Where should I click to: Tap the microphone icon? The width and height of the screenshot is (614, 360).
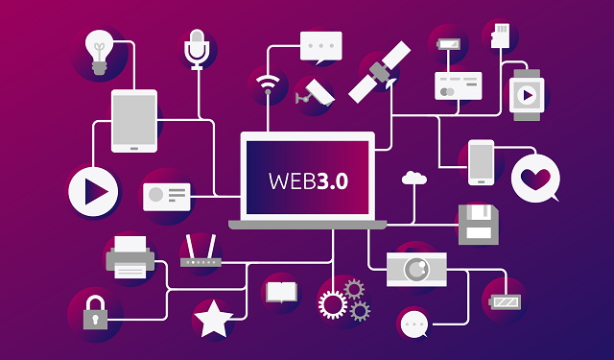tap(197, 49)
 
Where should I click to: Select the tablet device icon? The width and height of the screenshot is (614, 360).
tap(133, 121)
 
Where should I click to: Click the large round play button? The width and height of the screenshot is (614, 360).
tap(93, 191)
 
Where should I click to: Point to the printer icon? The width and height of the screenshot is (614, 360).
tap(130, 257)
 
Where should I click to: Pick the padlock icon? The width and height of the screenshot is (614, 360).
tap(94, 313)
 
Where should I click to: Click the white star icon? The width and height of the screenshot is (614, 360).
tap(213, 319)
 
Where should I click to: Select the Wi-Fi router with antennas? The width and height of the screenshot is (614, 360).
tap(200, 254)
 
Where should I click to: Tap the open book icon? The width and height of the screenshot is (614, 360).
tap(281, 291)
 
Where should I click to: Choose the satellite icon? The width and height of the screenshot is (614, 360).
tap(379, 71)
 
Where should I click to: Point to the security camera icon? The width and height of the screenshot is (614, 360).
tap(316, 91)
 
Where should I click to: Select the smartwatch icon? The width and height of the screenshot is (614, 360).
tap(527, 94)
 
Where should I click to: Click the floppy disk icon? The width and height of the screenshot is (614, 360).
tap(477, 224)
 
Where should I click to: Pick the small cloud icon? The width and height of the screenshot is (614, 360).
tap(414, 177)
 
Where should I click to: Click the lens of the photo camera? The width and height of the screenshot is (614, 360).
tap(415, 269)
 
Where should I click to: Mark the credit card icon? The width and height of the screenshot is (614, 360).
tap(458, 85)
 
